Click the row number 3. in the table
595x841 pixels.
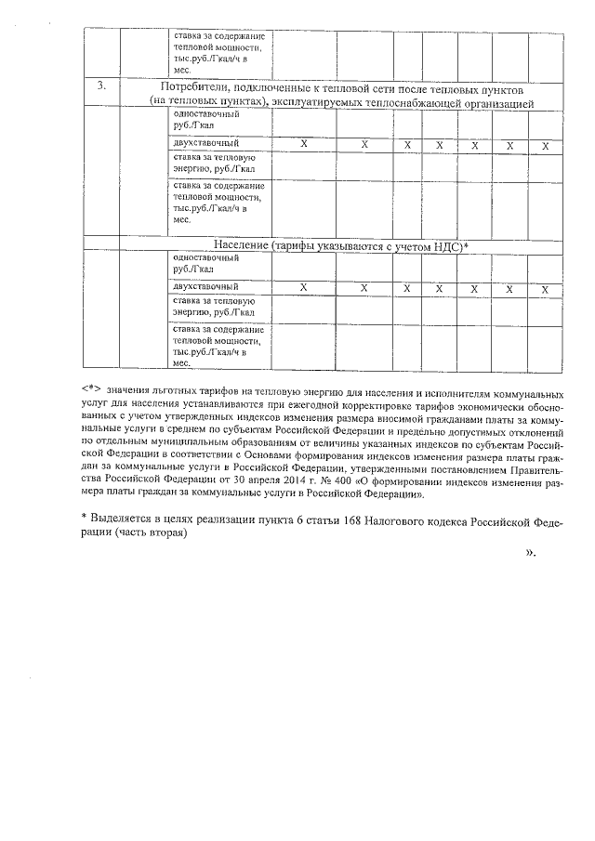click(x=103, y=87)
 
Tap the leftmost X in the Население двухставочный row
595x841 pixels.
click(x=303, y=288)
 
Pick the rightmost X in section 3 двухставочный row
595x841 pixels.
click(x=546, y=145)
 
